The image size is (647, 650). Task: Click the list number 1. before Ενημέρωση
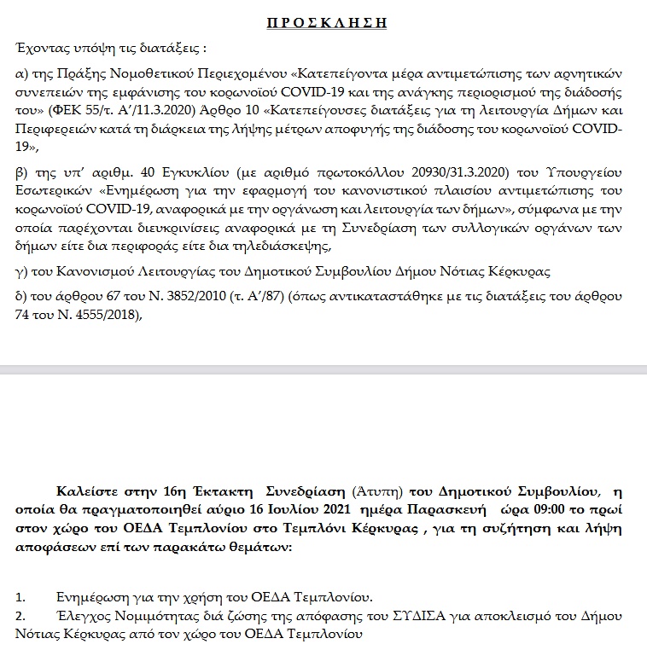[x=21, y=596]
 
